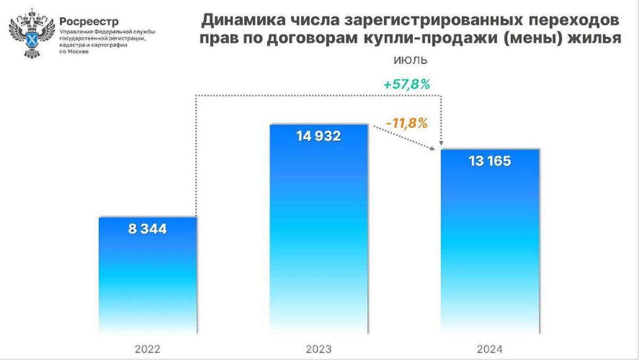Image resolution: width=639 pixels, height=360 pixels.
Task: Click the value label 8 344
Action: tap(148, 230)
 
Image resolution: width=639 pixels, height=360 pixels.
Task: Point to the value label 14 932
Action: tap(318, 136)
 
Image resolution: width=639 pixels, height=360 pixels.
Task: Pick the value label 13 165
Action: tap(489, 161)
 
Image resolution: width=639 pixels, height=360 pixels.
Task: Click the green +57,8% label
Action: tap(407, 84)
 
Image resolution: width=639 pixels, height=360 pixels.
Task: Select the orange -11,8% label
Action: tap(407, 123)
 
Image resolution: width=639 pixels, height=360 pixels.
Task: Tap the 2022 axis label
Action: tap(148, 350)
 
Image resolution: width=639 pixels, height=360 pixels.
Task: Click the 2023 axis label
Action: tap(318, 350)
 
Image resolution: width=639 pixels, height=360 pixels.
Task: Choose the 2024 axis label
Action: tap(489, 350)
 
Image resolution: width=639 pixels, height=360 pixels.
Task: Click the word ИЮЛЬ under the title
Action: tap(410, 60)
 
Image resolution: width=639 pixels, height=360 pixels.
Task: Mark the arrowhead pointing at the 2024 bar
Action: tap(442, 144)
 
